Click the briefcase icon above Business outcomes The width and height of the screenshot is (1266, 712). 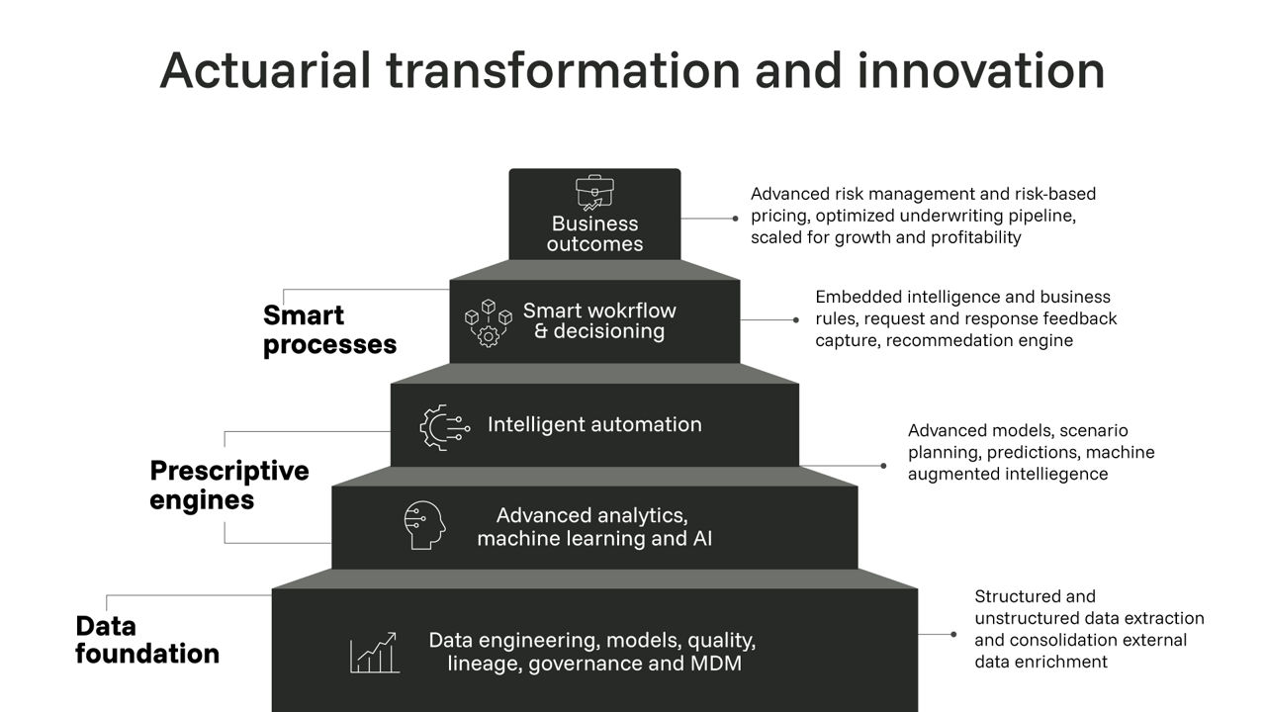[x=591, y=192]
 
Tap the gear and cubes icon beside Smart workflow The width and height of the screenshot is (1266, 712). [x=488, y=322]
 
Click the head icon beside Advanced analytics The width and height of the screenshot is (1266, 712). [x=424, y=525]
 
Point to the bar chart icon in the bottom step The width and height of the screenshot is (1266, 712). [x=374, y=653]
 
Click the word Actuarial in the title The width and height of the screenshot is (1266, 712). [x=264, y=70]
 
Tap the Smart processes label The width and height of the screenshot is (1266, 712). [x=329, y=329]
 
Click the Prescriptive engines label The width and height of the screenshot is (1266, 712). [x=228, y=485]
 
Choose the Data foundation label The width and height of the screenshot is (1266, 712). [x=146, y=640]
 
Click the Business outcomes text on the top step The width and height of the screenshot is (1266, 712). [x=594, y=234]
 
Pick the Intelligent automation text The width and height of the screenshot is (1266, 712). [x=594, y=425]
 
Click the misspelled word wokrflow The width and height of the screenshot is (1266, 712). [x=629, y=311]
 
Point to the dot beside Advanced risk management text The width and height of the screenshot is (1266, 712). [x=735, y=218]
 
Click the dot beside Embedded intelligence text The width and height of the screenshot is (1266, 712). [x=795, y=319]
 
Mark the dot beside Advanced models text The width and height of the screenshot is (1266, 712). [x=883, y=465]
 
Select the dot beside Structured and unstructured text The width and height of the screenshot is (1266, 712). [x=953, y=634]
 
